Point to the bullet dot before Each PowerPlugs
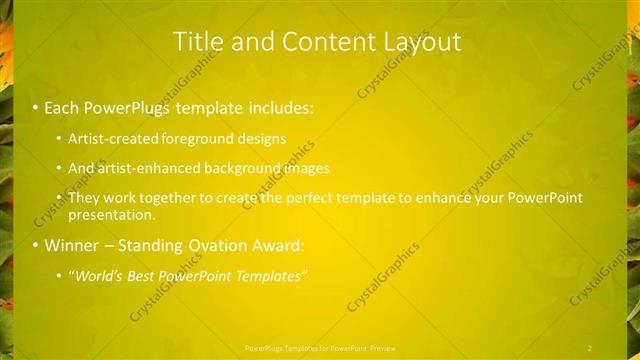[x=35, y=107]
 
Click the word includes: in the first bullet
[x=279, y=107]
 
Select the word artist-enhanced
[x=148, y=168]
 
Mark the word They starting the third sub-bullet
[x=84, y=198]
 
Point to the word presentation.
[x=112, y=214]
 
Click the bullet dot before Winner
[x=35, y=245]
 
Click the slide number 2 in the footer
[x=590, y=347]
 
